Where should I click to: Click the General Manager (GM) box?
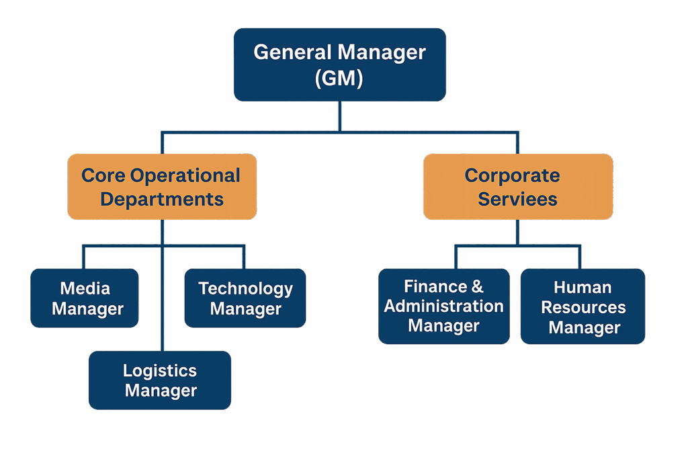339,65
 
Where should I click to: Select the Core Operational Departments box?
162,187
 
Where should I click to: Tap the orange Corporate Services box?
517,187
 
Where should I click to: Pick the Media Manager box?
85,298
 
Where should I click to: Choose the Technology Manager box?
245,298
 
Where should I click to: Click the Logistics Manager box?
160,380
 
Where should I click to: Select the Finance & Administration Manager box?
443,306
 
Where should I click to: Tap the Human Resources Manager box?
583,306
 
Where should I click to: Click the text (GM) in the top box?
339,78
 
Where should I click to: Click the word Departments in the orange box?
162,199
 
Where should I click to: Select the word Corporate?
512,175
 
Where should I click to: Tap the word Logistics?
160,370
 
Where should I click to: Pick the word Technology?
245,288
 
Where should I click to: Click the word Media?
85,288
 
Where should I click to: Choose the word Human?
583,288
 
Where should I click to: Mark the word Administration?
443,306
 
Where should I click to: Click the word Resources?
583,308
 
